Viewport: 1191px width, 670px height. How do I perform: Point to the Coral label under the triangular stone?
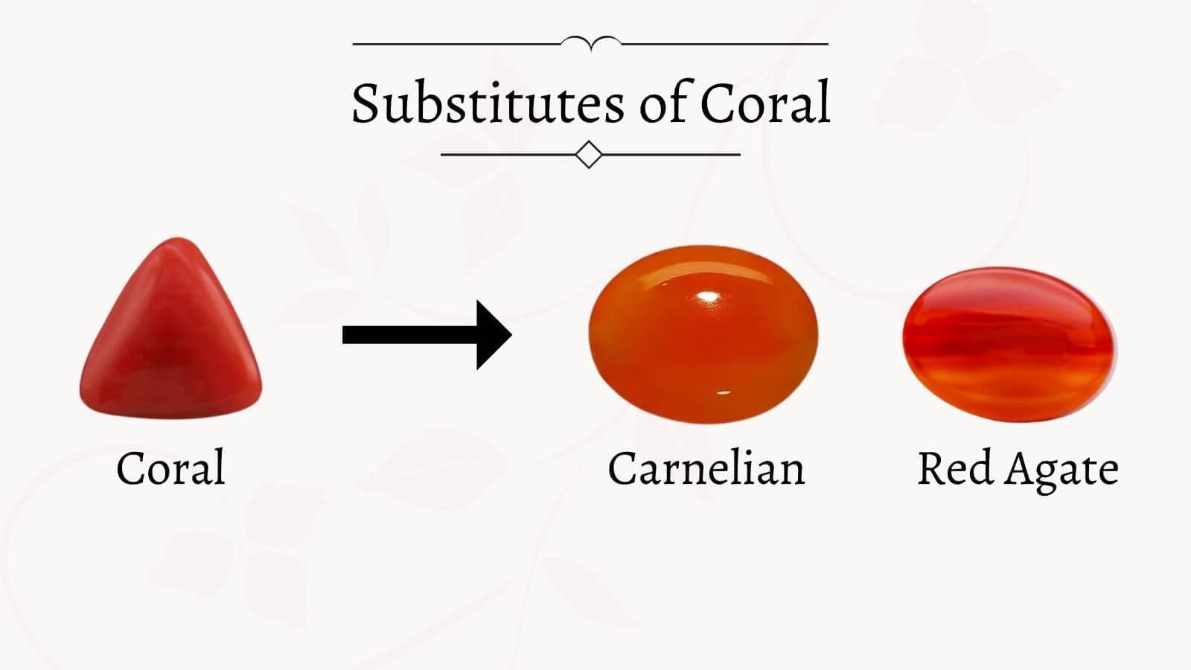[x=170, y=468]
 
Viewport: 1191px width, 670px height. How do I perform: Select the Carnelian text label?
[x=706, y=468]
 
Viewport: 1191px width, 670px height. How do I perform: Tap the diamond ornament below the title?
[x=590, y=155]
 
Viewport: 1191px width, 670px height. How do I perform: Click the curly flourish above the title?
[x=590, y=43]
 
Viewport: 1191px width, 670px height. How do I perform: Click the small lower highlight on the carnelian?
[x=724, y=392]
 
